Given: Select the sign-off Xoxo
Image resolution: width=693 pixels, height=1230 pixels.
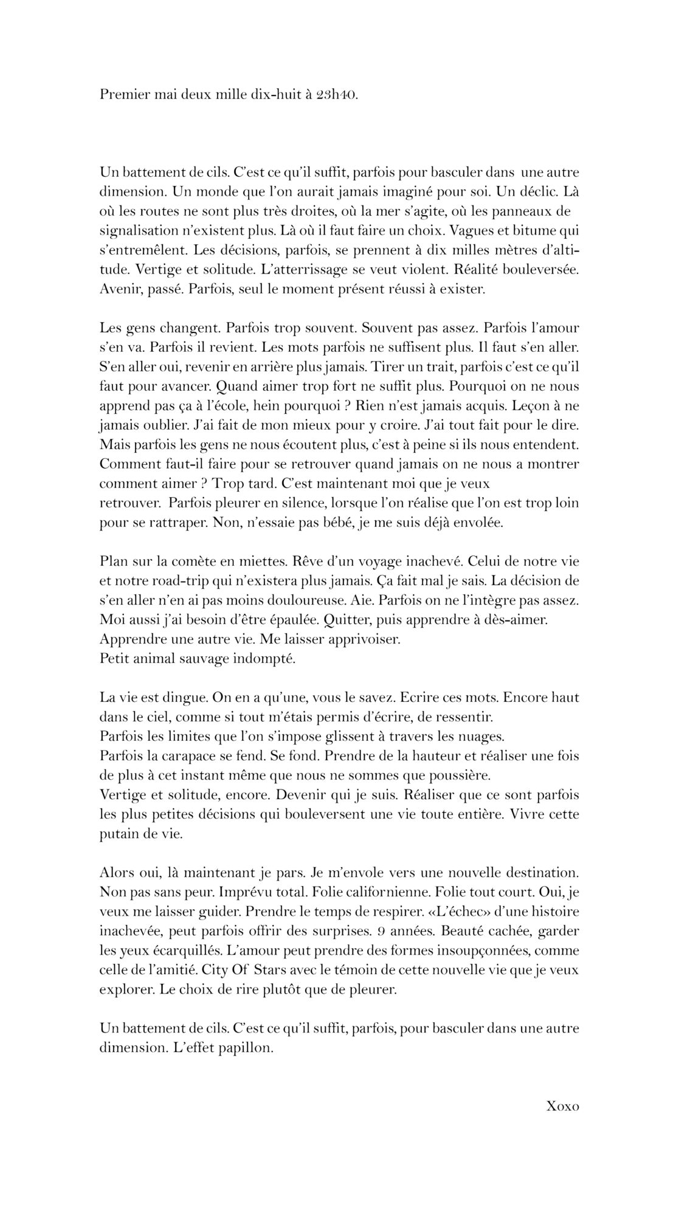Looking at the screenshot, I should tap(563, 1106).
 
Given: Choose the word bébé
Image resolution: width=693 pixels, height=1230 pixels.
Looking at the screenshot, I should tap(321, 522).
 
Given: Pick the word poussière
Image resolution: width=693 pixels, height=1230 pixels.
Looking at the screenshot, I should tap(454, 775).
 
